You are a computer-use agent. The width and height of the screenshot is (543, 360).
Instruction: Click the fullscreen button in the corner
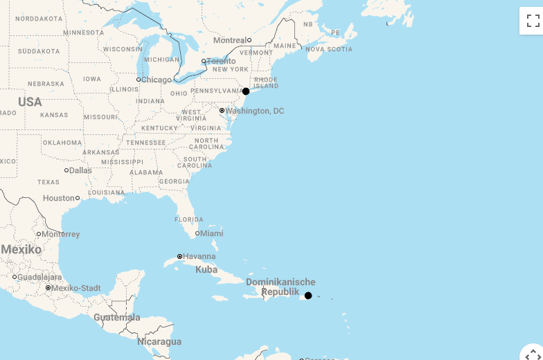[533, 21]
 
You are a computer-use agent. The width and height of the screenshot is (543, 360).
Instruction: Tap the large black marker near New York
[246, 91]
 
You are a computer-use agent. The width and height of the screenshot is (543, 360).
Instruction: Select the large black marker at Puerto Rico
[308, 296]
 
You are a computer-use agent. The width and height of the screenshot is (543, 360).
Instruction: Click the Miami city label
[211, 233]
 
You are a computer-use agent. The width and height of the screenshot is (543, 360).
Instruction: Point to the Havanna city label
[199, 256]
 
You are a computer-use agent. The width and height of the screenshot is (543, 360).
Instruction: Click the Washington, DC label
[255, 111]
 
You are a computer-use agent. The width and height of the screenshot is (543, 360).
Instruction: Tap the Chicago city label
[156, 80]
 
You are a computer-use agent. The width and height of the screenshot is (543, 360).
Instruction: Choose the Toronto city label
[221, 61]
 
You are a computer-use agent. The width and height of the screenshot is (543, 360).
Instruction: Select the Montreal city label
[229, 40]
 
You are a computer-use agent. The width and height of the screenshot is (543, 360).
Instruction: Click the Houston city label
[58, 198]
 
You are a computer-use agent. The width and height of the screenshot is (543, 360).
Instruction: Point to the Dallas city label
[80, 170]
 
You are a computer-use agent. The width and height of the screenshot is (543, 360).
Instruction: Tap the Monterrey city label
[61, 234]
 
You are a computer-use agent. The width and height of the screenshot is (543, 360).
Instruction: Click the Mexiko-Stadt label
[76, 288]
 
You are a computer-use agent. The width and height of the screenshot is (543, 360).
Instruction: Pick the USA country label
[30, 102]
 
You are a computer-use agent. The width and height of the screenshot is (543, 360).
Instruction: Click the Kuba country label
[206, 269]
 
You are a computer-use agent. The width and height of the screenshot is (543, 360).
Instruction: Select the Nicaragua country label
[159, 341]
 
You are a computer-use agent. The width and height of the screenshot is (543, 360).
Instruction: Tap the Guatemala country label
[117, 318]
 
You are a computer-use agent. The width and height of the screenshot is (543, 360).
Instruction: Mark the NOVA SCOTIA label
[329, 49]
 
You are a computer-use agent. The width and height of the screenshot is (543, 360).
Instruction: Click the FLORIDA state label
[189, 219]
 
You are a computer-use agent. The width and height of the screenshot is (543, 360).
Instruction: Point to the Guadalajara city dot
[15, 277]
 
